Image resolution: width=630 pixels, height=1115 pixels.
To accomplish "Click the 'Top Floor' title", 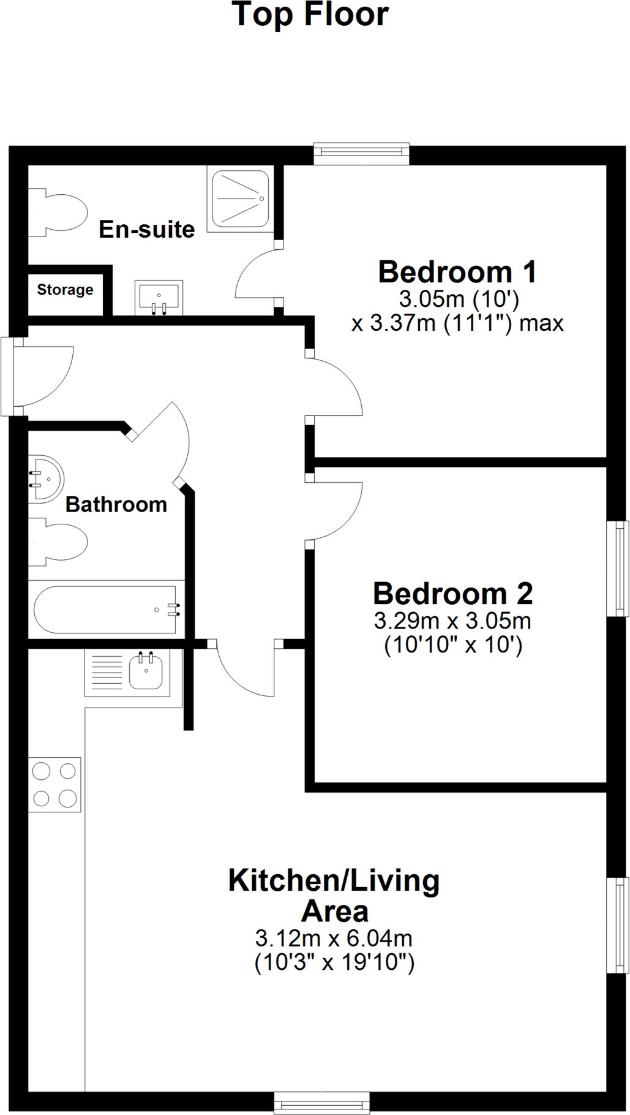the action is click(310, 15).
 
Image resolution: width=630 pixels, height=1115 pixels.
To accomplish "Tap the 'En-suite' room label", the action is click(147, 229).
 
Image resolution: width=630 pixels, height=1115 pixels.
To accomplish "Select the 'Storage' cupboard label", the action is click(65, 289).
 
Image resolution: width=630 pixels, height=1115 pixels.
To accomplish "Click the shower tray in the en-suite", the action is click(239, 199).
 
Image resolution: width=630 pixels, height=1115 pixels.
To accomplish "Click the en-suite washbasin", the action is click(159, 298).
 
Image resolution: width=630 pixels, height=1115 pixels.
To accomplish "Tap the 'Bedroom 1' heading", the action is click(457, 271).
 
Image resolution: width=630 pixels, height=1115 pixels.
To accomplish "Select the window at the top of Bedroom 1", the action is click(361, 153).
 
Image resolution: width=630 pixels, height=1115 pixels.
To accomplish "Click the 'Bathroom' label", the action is click(116, 504).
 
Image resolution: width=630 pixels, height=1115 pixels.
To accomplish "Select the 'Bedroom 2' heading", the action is click(453, 593).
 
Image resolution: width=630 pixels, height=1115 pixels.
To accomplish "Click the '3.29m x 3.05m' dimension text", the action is click(452, 621).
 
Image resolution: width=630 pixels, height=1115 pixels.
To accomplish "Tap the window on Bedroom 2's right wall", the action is click(618, 569).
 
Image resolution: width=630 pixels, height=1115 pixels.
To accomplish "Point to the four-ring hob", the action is click(54, 785).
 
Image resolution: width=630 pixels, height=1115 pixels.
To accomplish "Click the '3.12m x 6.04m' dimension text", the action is click(334, 938).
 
